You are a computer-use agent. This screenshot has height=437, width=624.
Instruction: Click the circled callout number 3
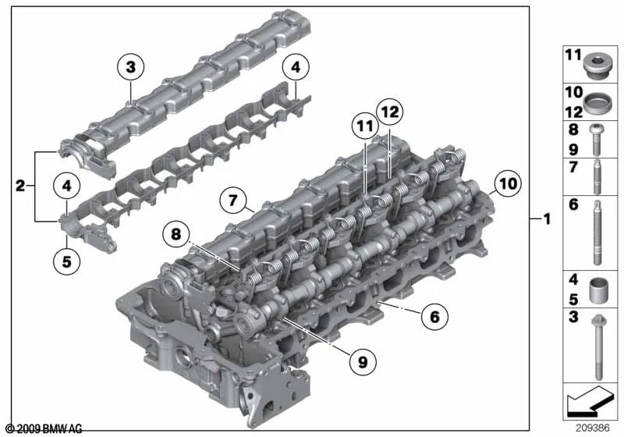click(131, 67)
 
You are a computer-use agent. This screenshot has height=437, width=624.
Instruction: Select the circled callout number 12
click(389, 112)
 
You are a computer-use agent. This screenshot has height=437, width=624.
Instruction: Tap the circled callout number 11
click(365, 126)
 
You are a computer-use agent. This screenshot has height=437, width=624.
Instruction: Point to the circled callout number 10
click(508, 183)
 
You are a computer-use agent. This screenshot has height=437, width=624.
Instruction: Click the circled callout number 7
click(233, 200)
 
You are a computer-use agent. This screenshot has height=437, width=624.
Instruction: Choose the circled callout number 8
click(176, 234)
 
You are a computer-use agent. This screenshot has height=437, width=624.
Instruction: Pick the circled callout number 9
click(363, 362)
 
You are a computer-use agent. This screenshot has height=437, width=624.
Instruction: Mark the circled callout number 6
click(434, 316)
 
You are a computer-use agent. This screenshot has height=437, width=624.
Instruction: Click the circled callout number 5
click(67, 261)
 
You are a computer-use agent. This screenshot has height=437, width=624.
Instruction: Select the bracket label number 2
click(20, 186)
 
